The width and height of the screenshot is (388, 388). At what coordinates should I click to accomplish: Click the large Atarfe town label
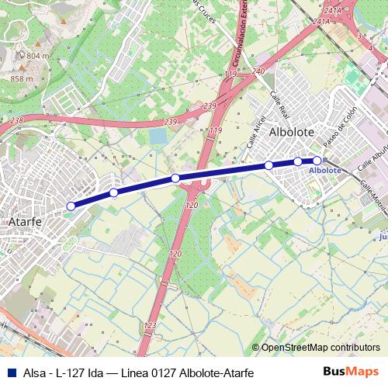tap(23, 221)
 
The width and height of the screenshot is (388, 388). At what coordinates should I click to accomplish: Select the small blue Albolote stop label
tap(324, 170)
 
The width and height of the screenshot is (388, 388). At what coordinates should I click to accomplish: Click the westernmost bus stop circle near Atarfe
tap(71, 206)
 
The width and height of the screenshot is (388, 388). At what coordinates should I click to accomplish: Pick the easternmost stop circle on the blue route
tap(317, 161)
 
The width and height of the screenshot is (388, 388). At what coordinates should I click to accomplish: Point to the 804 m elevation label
tap(37, 56)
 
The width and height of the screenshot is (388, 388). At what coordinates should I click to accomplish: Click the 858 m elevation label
tap(21, 78)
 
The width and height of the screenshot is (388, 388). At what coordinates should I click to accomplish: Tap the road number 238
tap(18, 120)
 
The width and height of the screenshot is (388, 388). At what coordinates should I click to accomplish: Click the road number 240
tap(258, 71)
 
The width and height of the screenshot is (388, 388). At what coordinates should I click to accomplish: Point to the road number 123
tap(150, 325)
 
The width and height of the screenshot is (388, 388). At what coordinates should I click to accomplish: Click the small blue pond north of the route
tap(158, 137)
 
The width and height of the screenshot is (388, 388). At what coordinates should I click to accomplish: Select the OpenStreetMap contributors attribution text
tap(320, 348)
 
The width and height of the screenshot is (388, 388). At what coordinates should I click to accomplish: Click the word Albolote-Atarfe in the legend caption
tap(214, 372)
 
